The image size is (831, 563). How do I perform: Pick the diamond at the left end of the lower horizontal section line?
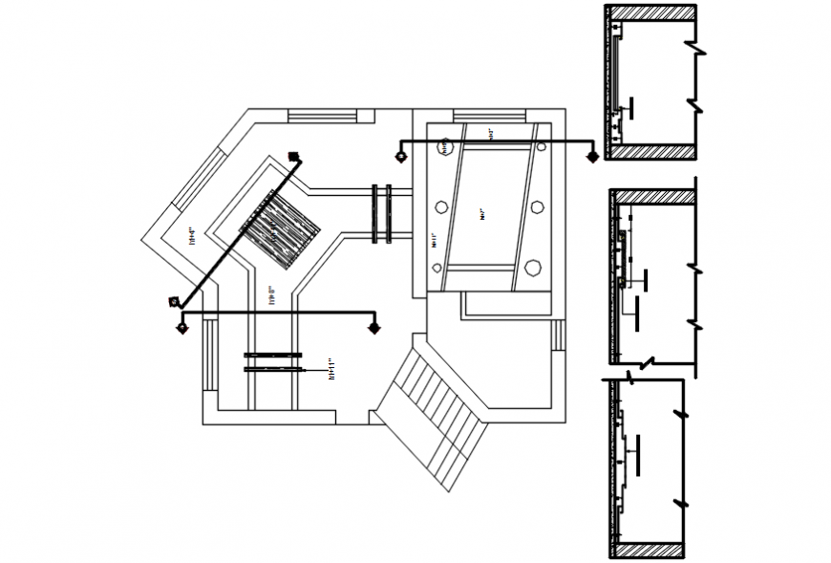[181, 328]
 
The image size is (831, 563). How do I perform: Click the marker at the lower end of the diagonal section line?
[173, 302]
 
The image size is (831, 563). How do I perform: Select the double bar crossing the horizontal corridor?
[382, 213]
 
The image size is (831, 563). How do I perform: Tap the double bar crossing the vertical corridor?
[273, 360]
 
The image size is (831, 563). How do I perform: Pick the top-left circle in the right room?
[445, 147]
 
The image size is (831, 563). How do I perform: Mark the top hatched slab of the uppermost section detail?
[651, 11]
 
